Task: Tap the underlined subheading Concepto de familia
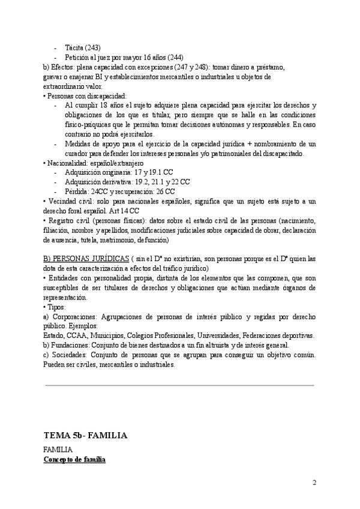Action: point(74,459)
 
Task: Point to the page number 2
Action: point(314,483)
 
